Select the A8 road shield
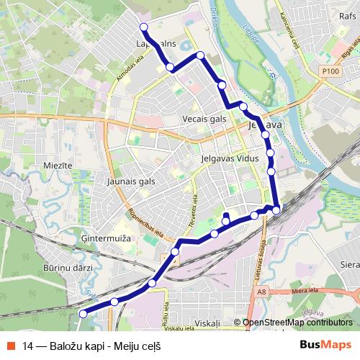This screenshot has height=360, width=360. (262, 292)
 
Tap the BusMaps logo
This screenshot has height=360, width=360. (325, 345)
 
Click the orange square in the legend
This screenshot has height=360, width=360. (10, 346)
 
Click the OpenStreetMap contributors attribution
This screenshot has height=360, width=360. (297, 323)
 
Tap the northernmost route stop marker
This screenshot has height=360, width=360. (143, 27)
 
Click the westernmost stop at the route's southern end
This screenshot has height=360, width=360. (83, 313)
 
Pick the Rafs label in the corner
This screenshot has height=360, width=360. (348, 14)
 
